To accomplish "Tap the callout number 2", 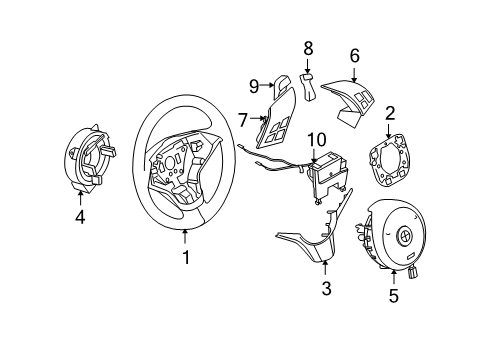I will pos(390,114).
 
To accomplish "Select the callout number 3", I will pos(324,289).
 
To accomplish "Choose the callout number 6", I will pos(354,56).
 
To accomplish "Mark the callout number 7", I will pos(242,120).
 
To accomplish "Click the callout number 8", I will pos(308,47).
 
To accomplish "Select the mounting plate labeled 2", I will pos(385,161).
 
